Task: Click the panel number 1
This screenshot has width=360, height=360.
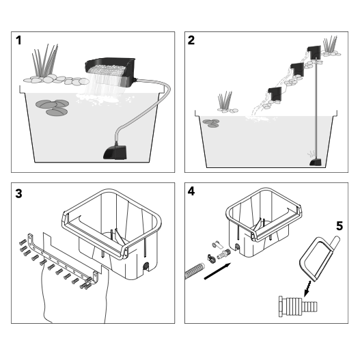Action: [18, 40]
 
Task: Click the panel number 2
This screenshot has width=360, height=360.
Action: [191, 40]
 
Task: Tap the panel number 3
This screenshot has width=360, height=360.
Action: [18, 193]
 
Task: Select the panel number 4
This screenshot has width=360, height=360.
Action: [191, 191]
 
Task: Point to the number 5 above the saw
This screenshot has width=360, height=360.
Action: [340, 226]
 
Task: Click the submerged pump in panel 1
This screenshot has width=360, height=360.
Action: [115, 152]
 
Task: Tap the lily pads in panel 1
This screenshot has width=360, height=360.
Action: [53, 107]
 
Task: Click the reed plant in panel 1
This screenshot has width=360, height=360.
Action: [45, 60]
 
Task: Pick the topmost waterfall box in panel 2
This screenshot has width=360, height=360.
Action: [314, 53]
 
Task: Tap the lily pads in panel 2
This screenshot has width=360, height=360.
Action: [211, 123]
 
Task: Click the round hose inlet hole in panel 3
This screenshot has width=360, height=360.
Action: [146, 266]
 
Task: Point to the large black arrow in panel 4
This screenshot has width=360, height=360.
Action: [217, 271]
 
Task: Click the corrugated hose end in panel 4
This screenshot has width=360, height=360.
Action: [195, 271]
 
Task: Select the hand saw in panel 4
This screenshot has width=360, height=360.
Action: [319, 259]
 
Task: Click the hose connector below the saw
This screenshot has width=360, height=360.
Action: [298, 306]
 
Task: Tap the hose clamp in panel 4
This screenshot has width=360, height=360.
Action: [211, 258]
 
